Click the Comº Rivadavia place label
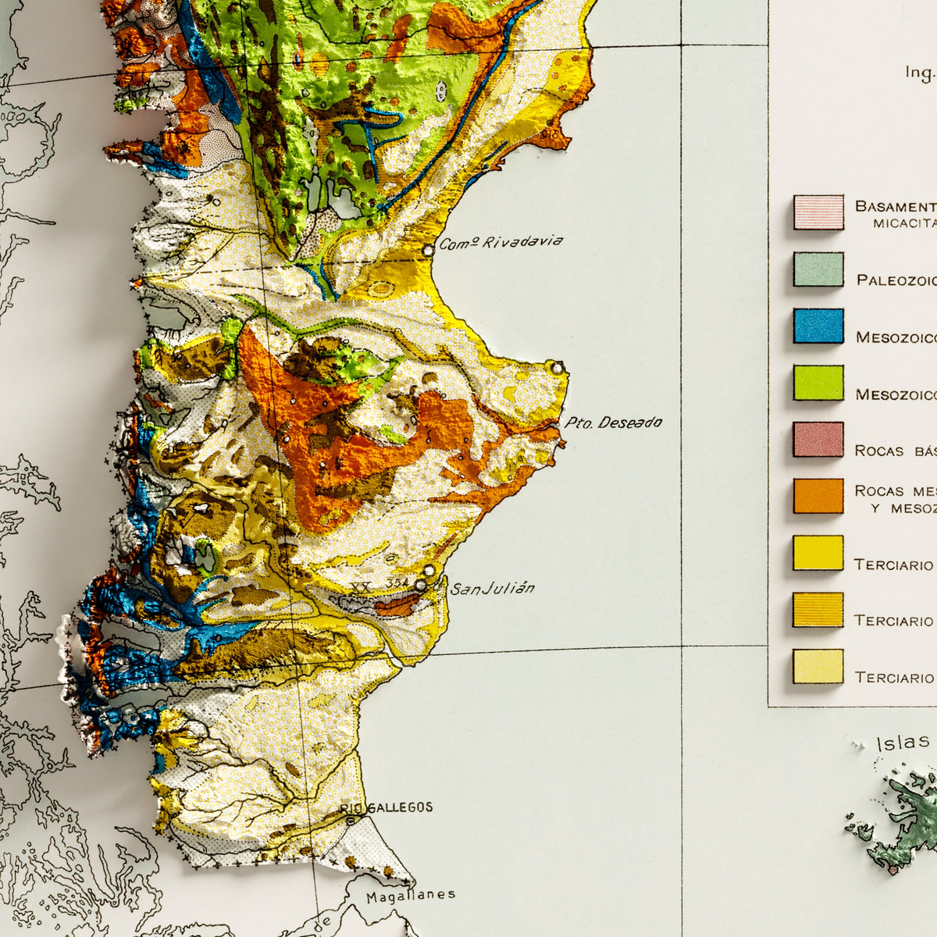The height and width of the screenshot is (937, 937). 501,243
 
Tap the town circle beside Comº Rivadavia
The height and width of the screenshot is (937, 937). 428,251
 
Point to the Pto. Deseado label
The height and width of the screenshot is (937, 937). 613,423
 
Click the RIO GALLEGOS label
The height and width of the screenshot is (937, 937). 387,807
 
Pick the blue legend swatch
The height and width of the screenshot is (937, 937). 818,326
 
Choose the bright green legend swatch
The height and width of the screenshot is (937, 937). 818,383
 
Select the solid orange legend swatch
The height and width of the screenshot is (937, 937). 818,496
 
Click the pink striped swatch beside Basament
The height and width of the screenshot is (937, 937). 818,212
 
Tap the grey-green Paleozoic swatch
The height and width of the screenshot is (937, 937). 818,269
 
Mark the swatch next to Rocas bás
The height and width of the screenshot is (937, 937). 818,440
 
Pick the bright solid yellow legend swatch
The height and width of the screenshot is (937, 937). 818,553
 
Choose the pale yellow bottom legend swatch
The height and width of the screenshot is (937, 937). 818,666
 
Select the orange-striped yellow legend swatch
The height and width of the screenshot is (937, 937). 818,610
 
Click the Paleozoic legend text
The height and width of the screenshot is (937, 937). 896,280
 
